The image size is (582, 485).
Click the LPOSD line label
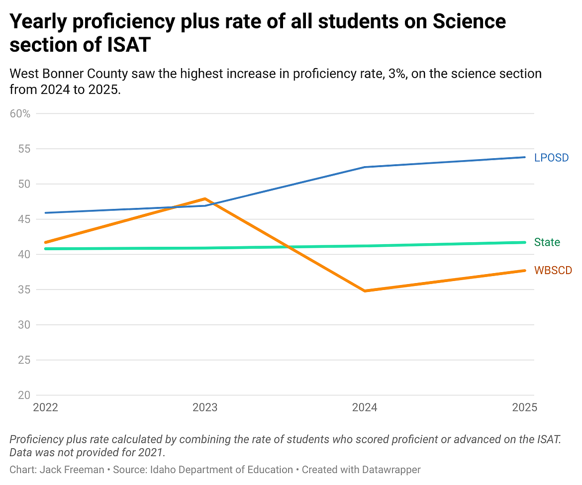click(x=551, y=158)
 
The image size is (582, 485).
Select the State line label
click(x=547, y=243)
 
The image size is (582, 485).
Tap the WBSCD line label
click(x=553, y=271)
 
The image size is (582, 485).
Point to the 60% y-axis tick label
click(x=20, y=113)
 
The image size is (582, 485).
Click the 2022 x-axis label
click(x=45, y=408)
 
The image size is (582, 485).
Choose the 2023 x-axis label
click(x=205, y=408)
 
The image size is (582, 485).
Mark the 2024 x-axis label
click(x=365, y=408)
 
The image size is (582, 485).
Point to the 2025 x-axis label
click(x=524, y=408)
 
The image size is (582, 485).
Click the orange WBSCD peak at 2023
click(x=205, y=199)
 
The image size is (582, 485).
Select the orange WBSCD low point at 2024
click(x=365, y=291)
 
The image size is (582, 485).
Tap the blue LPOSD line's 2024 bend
click(x=365, y=167)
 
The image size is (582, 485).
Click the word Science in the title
click(x=469, y=21)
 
